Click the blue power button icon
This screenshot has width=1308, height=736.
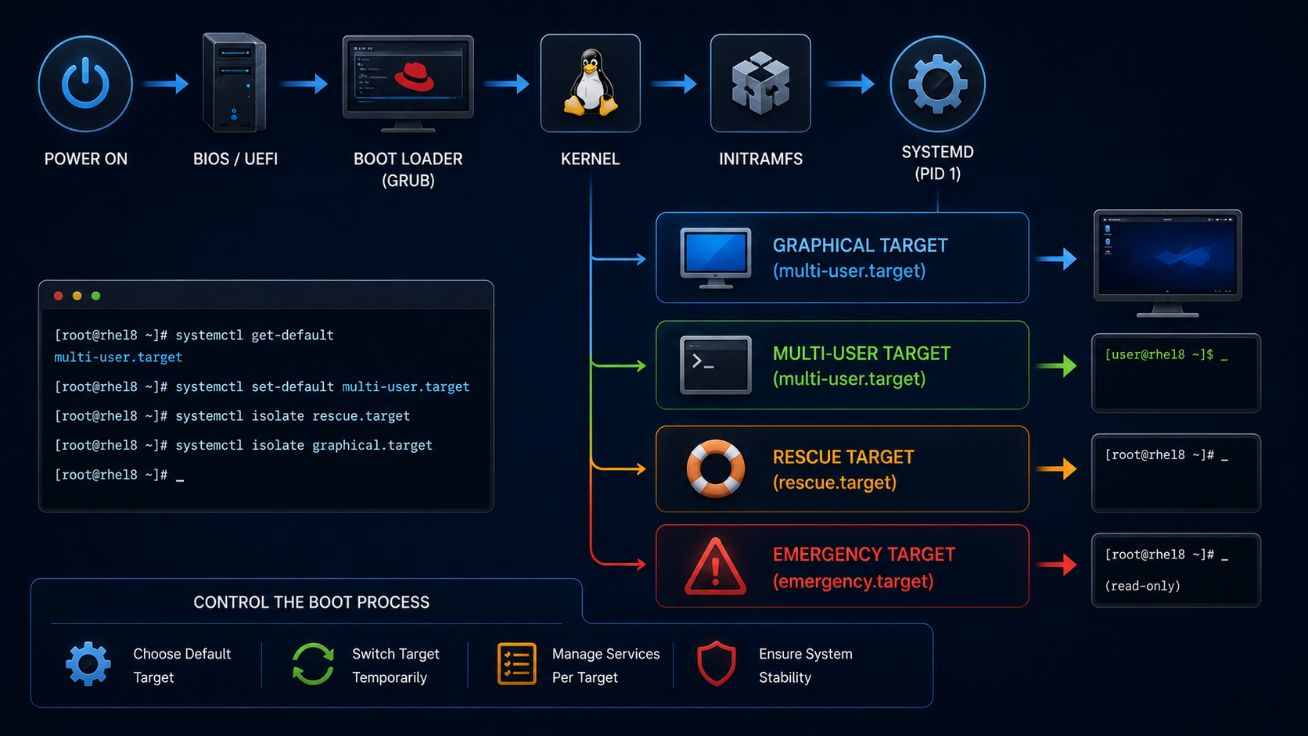click(85, 84)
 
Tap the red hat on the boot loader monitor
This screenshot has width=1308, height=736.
click(415, 77)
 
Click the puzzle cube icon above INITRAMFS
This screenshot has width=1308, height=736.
click(760, 83)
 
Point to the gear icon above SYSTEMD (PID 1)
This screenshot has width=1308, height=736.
click(937, 84)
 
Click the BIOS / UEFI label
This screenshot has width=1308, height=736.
click(235, 159)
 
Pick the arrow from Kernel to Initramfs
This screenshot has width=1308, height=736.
click(674, 84)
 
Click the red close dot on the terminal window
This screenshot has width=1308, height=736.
click(59, 296)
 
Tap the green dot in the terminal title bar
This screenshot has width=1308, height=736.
click(95, 296)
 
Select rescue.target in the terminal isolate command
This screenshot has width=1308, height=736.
click(361, 416)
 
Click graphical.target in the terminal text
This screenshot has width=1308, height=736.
click(372, 445)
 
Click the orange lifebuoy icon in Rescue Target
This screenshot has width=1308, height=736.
click(715, 469)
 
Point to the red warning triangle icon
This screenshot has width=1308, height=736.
click(715, 567)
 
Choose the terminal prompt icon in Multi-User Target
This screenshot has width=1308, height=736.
click(715, 364)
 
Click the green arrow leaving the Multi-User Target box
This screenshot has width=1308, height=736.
click(1056, 366)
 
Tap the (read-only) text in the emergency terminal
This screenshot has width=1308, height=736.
click(1142, 586)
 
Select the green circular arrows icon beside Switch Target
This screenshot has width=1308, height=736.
click(313, 664)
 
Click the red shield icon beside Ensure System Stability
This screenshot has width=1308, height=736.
click(717, 663)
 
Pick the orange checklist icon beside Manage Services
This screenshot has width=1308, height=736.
click(517, 663)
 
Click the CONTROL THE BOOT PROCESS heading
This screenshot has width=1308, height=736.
click(311, 602)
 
